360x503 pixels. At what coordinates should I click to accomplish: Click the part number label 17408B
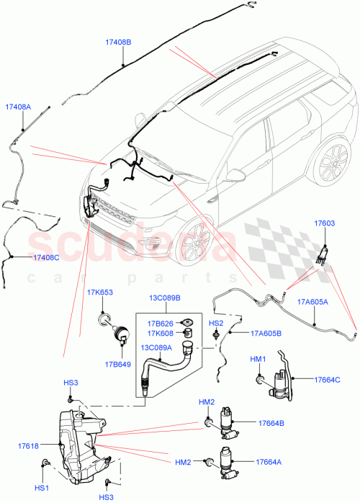point(118,43)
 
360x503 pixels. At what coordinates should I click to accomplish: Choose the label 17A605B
point(266,333)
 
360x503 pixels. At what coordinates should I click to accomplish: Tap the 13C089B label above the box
point(165,298)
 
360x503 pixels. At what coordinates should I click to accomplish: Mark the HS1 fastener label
point(42,488)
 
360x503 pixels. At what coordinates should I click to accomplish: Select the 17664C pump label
point(326,379)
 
